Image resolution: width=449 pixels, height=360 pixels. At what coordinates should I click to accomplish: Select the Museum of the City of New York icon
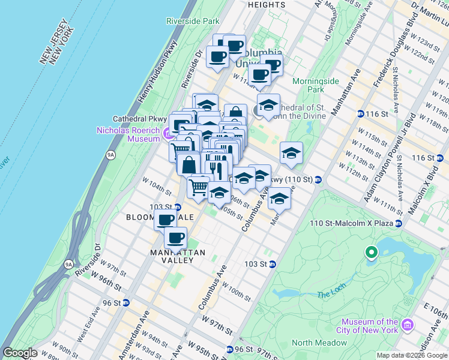coord(408,325)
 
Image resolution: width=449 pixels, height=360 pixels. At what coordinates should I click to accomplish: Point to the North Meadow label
coord(319,343)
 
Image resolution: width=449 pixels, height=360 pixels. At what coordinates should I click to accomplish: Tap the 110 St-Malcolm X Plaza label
coord(351,223)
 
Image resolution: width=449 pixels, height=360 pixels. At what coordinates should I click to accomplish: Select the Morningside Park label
coord(316,85)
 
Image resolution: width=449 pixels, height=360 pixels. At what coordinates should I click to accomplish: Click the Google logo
coord(20,353)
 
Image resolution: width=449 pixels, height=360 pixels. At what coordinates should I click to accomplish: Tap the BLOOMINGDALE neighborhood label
coord(159,217)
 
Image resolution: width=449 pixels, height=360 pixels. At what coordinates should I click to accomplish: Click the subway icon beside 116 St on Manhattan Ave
coord(360,113)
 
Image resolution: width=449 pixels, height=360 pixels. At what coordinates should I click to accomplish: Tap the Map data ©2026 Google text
coord(412,355)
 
